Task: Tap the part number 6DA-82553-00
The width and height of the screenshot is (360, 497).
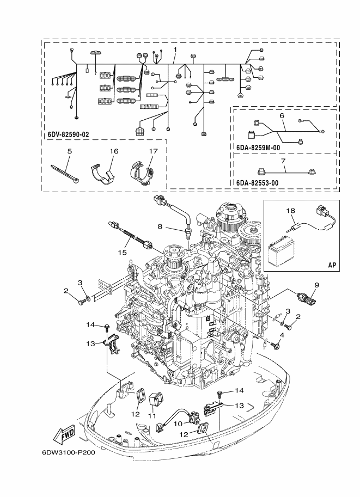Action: (258, 183)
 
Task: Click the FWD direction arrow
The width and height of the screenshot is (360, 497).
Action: (64, 434)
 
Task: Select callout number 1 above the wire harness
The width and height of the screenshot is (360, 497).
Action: (175, 49)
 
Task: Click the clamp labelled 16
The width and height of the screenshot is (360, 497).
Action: (103, 172)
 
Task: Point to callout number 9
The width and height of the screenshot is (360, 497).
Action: (316, 285)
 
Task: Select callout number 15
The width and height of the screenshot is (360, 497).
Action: (123, 252)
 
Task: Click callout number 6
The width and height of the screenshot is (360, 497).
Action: (282, 115)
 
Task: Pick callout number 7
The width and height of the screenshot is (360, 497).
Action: (283, 161)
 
